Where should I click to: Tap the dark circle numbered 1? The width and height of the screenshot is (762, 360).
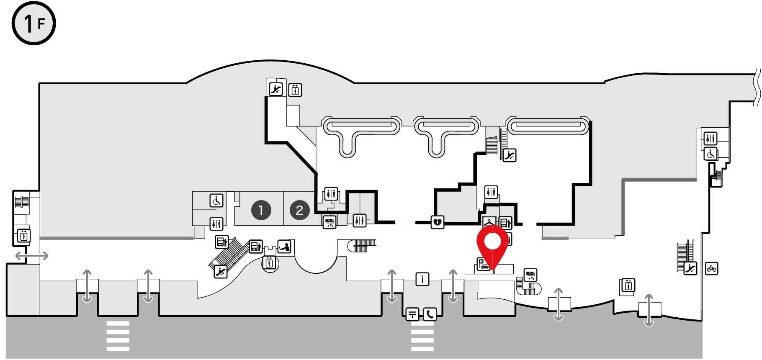pos(261,210)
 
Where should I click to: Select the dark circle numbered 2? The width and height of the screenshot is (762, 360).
pos(299,210)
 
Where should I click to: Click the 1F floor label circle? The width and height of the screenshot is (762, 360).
pos(33,23)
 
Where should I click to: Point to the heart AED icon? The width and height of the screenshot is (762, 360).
pos(437,222)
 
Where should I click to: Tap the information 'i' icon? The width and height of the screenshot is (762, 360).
pos(422,279)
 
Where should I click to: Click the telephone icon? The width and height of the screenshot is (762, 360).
pos(430,314)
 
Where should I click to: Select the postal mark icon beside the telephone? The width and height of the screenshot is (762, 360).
pos(412,314)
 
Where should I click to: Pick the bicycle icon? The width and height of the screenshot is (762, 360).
pos(711,268)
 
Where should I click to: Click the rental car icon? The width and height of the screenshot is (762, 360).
pos(484,265)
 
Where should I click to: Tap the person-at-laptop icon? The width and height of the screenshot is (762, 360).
pos(285,246)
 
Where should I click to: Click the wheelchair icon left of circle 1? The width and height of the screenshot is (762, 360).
pos(216,201)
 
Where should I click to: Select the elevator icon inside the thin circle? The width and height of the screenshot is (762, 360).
pos(270,263)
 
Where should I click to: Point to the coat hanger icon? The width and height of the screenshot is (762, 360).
pos(489,221)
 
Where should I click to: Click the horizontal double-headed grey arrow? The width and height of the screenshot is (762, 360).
pos(32,255)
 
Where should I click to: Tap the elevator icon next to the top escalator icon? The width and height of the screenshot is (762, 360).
pos(295,90)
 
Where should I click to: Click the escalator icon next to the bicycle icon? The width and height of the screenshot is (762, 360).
pos(690,268)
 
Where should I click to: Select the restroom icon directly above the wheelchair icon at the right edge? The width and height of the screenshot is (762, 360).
pos(711,138)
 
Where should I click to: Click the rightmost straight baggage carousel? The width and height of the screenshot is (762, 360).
pos(548,126)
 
